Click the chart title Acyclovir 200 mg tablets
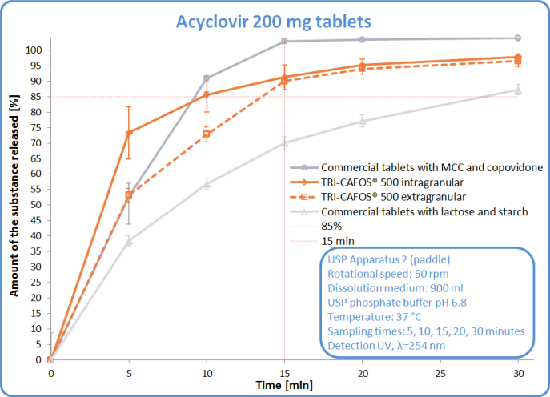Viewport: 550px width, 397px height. [275, 18]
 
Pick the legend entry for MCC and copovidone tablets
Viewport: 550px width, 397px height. [432, 168]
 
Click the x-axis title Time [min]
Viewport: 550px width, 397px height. [283, 386]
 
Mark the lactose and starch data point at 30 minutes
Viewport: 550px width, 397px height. [518, 90]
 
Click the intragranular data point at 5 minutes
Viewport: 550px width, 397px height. [129, 133]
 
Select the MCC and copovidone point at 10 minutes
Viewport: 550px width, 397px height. [207, 78]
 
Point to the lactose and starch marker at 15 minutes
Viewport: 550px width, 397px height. [284, 143]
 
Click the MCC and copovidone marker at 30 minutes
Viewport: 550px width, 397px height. [518, 38]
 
